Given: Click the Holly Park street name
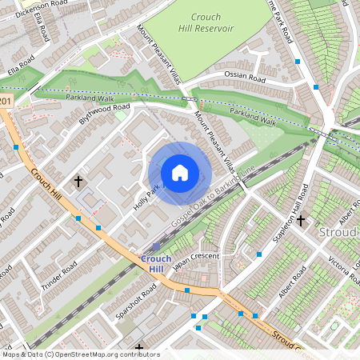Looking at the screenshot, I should (x=144, y=199).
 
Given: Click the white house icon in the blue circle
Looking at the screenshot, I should (x=180, y=173).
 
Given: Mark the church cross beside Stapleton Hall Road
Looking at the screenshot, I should (x=301, y=220).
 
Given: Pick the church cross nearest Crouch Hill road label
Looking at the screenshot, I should (x=78, y=182).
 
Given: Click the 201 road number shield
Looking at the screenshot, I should (x=6, y=102).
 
